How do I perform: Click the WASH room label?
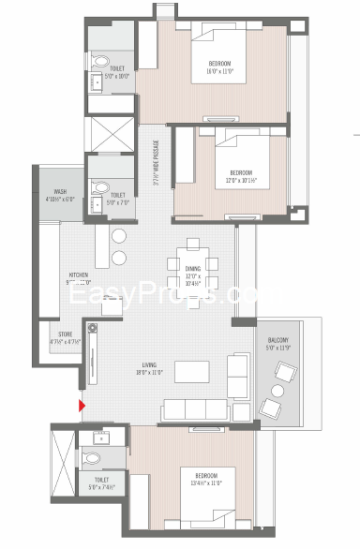[x=59, y=191]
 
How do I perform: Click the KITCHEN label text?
[x=78, y=275]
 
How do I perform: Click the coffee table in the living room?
[x=191, y=370]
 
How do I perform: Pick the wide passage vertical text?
[x=156, y=163]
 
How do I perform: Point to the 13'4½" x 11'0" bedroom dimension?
[x=200, y=483]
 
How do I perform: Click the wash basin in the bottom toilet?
[x=99, y=438]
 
